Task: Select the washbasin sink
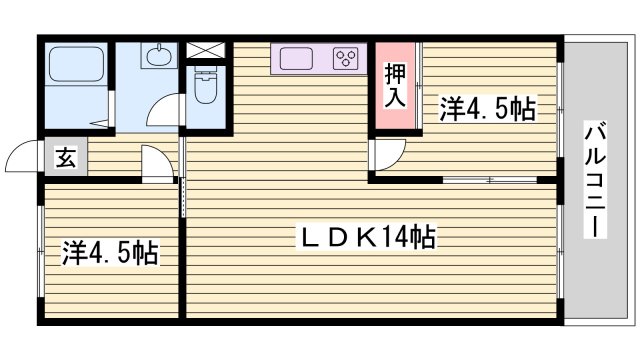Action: (159, 58)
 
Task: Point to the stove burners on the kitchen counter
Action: (348, 58)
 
